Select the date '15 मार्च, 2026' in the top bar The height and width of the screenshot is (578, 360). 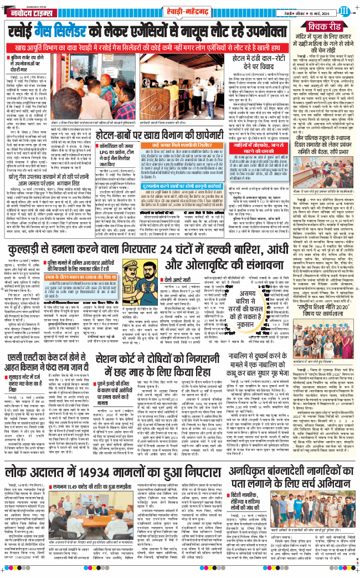pos(320,8)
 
